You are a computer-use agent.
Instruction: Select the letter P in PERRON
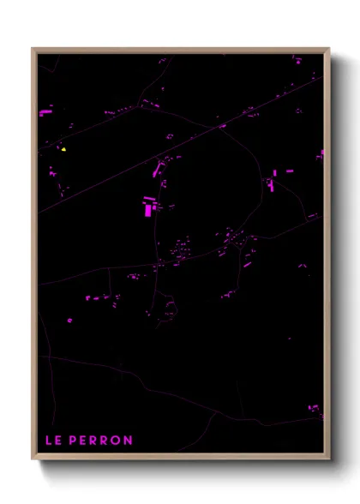pyautogui.click(x=72, y=441)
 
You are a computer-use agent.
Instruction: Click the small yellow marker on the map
pyautogui.click(x=63, y=148)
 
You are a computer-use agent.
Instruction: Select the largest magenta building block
pyautogui.click(x=149, y=207)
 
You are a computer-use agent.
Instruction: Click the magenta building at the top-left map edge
pyautogui.click(x=45, y=111)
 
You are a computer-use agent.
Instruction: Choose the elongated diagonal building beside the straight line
pyautogui.click(x=159, y=169)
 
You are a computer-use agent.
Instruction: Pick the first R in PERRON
pyautogui.click(x=93, y=441)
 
